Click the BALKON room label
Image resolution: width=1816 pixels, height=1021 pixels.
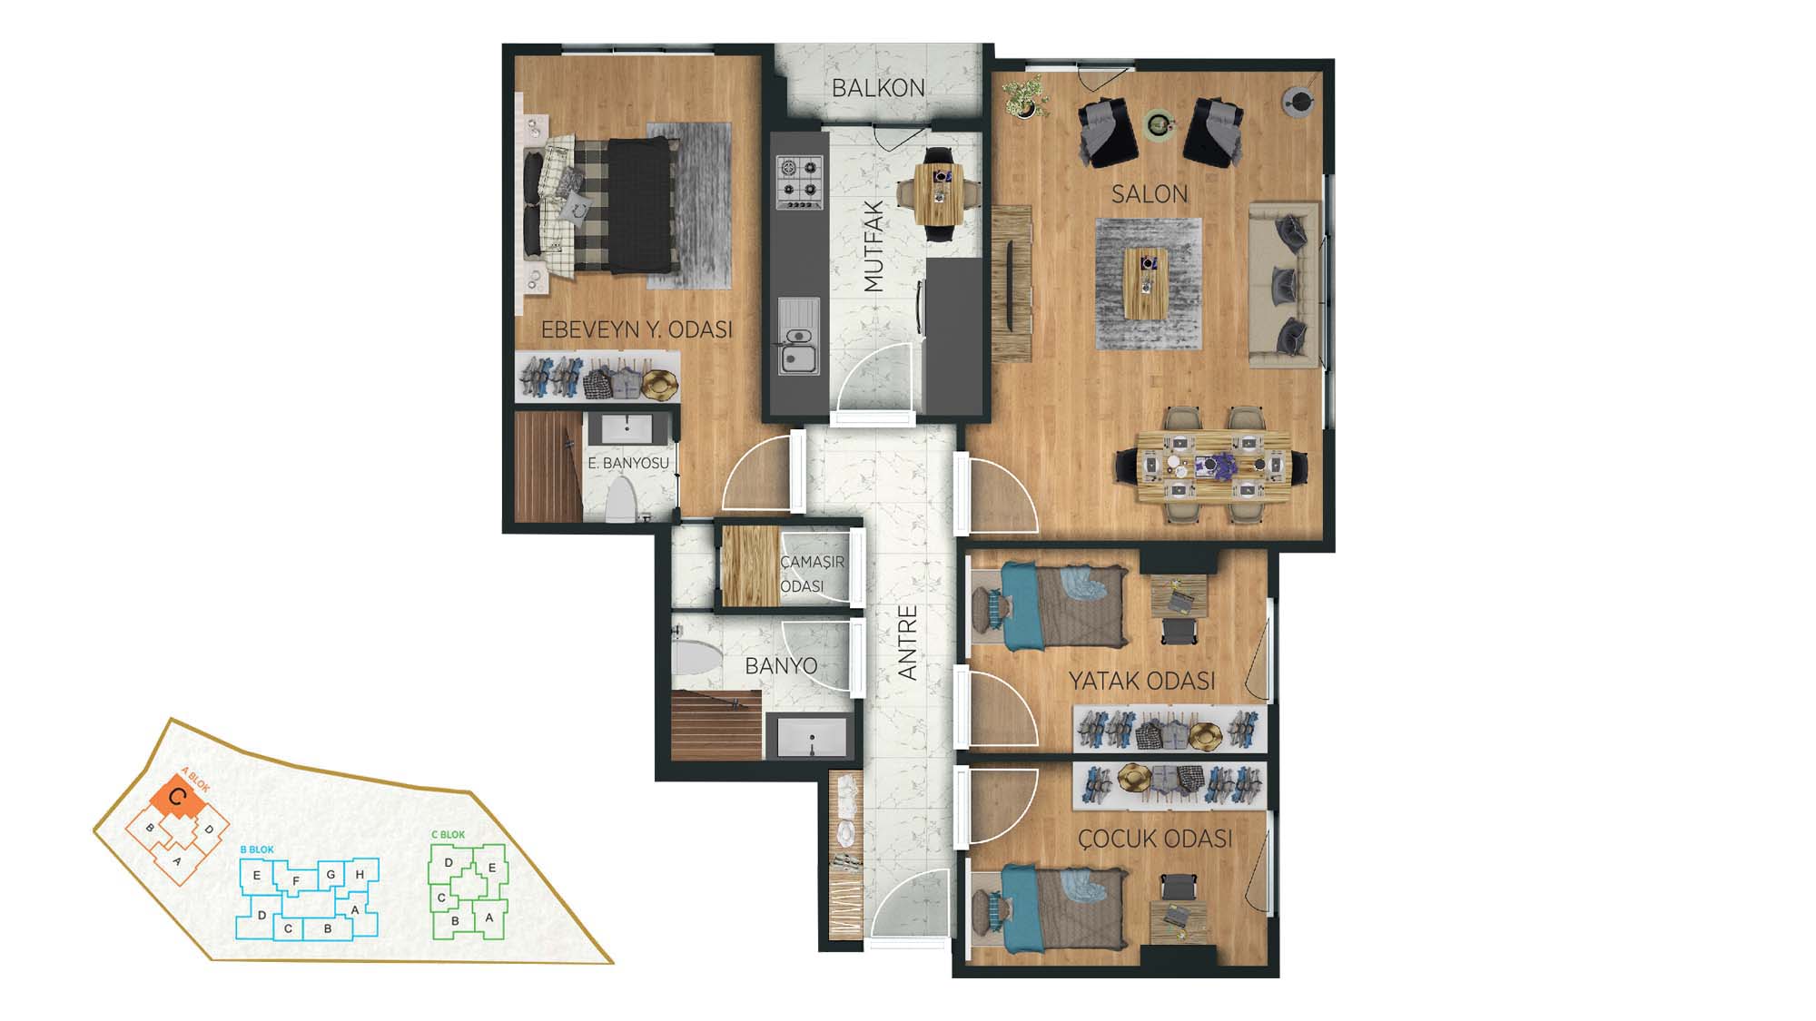(878, 88)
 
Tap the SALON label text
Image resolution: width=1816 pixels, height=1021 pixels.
(1150, 193)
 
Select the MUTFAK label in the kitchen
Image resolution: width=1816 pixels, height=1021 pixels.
(873, 247)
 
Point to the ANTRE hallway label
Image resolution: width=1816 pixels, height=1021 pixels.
(908, 643)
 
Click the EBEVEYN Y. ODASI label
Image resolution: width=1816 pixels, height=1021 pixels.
(637, 329)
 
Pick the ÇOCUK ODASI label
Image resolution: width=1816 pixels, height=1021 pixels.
(1155, 839)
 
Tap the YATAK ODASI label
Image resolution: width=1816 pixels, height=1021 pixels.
(1141, 681)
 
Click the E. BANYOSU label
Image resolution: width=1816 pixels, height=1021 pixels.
(628, 463)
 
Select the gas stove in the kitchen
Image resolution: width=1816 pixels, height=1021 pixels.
(800, 182)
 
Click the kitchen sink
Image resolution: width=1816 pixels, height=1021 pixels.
(798, 337)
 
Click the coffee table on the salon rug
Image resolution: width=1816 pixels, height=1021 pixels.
(1147, 283)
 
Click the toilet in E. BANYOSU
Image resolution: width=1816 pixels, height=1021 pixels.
(621, 500)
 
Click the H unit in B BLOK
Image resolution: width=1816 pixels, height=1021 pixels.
(360, 875)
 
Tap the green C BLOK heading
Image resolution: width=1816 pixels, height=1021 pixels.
(448, 835)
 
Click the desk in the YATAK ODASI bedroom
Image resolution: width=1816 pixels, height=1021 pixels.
(1179, 596)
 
